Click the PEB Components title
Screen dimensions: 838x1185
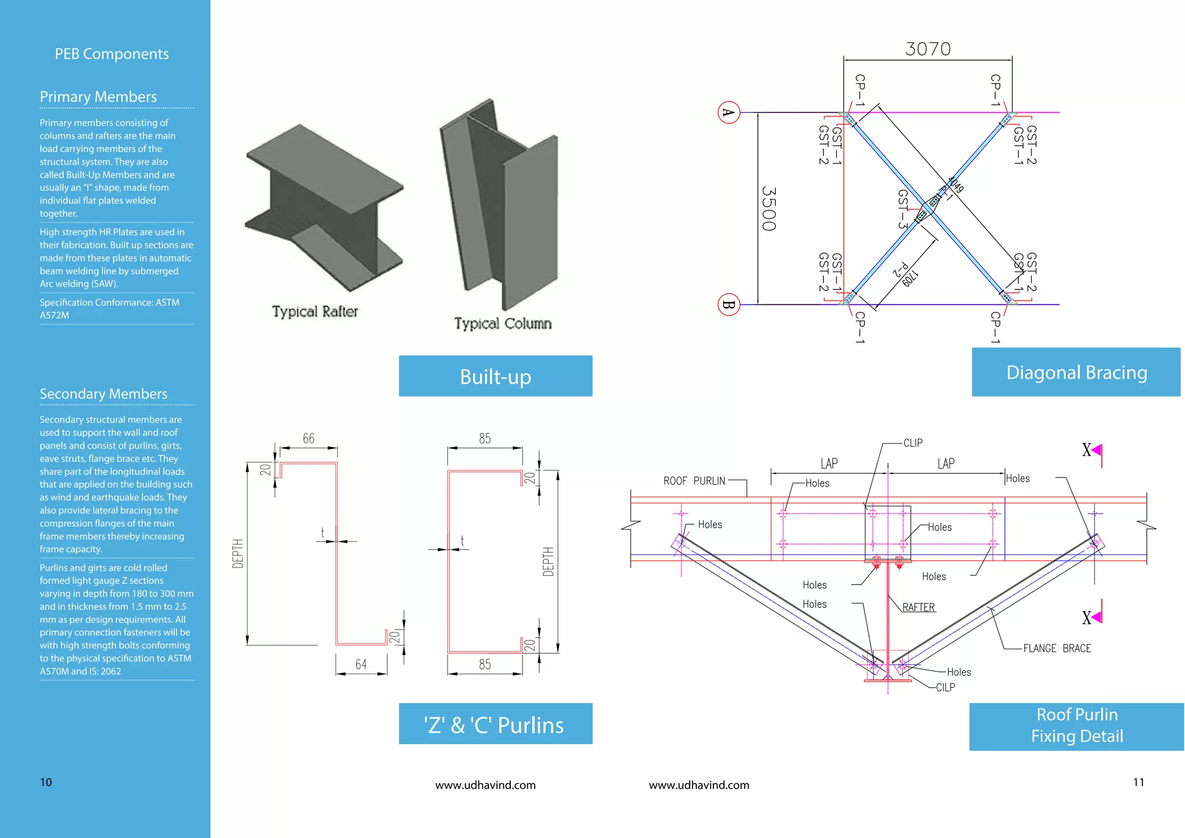[x=112, y=54]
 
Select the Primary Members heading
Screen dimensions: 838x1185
[x=98, y=97]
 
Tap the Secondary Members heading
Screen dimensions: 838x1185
[x=104, y=394]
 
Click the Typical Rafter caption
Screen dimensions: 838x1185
[x=315, y=311]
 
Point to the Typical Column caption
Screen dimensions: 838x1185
[x=502, y=324]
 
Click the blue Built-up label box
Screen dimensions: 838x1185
[x=495, y=376]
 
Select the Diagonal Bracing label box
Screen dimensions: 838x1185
[x=1076, y=372]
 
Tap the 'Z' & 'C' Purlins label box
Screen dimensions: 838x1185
[x=495, y=724]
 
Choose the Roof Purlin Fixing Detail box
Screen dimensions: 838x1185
[x=1076, y=726]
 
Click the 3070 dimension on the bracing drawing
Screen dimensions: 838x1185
[x=928, y=49]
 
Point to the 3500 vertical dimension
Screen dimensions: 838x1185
[x=769, y=208]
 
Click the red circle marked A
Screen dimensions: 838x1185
[x=729, y=112]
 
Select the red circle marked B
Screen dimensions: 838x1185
[x=729, y=304]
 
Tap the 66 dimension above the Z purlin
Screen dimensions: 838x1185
[x=308, y=439]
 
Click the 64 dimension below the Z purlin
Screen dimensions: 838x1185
[x=361, y=664]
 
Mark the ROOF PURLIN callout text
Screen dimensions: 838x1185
[x=694, y=481]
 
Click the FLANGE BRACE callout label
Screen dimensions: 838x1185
[x=1057, y=648]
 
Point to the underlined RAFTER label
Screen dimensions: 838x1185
[x=918, y=607]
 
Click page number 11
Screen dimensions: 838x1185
[x=1138, y=782]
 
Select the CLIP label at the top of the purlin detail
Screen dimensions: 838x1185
[x=913, y=443]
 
